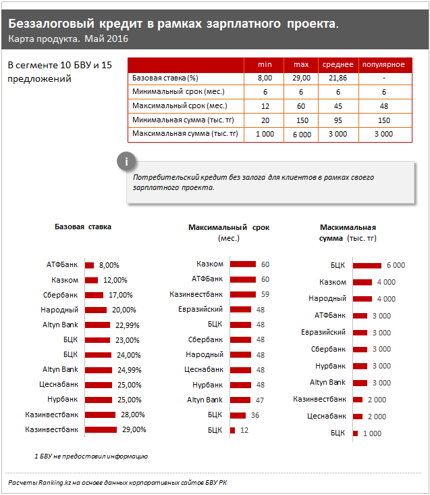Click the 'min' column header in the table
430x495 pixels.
tap(265, 64)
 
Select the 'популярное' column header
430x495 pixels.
tap(383, 64)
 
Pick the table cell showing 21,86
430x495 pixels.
tap(338, 78)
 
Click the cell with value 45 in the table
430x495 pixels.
tap(338, 106)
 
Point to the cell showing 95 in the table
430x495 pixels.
tap(338, 120)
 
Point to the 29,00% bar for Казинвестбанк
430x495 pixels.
tap(101, 429)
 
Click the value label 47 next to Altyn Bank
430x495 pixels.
tap(261, 400)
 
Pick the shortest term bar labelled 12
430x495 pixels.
tap(232, 430)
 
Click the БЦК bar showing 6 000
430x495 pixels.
tap(367, 265)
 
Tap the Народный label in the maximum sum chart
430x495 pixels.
tap(327, 298)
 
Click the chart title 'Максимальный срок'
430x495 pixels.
tap(228, 228)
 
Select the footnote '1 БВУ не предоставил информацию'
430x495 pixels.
tap(91, 456)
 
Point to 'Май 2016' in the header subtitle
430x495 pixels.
tap(107, 39)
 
